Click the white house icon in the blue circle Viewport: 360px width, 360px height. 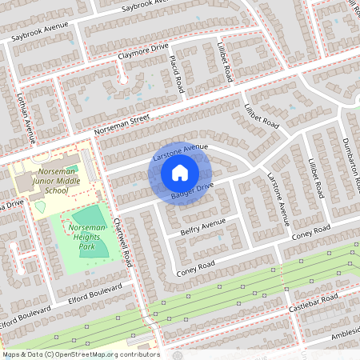pos(180,172)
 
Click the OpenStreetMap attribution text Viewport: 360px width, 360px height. pos(80,354)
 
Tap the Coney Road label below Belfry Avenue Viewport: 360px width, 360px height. pos(196,269)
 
